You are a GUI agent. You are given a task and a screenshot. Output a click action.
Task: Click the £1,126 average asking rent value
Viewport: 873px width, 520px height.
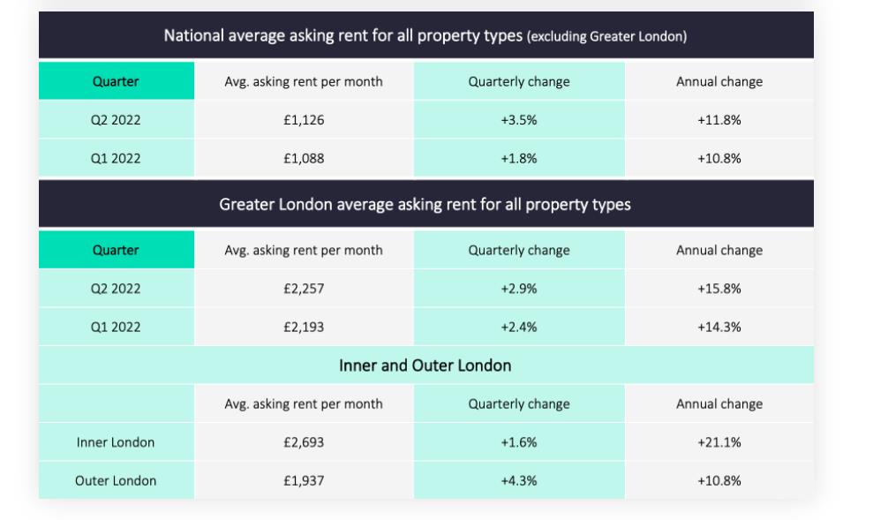304,120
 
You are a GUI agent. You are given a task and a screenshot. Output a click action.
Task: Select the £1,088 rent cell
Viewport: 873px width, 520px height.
304,159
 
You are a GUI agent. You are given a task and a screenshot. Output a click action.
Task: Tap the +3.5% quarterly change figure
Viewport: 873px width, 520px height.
519,120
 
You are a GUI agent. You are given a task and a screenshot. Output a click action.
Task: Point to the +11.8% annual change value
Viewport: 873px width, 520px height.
719,120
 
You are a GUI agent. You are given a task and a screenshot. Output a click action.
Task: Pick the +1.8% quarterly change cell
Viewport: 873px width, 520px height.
519,159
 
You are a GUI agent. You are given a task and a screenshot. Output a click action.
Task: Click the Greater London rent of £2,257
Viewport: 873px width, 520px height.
304,289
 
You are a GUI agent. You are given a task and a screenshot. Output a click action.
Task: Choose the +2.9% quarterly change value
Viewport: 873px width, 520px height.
519,289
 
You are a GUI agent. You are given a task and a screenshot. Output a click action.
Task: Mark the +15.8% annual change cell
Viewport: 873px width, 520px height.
719,289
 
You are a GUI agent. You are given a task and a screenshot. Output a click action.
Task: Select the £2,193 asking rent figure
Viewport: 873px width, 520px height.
304,328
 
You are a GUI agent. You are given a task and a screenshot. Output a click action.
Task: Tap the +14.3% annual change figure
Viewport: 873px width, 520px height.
719,328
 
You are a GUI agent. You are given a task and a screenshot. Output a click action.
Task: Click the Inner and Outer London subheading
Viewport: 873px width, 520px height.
425,366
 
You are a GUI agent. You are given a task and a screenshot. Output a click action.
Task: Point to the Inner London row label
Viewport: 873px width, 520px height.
116,442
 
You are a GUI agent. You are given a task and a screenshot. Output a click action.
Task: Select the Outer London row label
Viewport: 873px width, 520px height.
116,481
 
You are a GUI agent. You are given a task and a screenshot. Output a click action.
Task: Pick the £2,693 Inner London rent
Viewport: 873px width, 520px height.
304,442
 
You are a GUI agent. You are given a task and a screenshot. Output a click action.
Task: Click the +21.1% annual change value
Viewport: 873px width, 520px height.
719,442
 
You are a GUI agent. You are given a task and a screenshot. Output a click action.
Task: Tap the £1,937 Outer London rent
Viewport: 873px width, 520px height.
304,481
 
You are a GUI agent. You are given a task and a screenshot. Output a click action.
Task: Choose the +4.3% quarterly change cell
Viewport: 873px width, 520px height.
519,481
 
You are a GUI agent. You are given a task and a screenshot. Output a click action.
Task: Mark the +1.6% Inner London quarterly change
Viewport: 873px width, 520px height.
519,442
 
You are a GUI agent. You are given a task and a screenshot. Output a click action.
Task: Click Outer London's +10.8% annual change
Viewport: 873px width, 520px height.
719,481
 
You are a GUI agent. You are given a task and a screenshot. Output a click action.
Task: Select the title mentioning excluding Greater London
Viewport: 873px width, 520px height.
425,36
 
